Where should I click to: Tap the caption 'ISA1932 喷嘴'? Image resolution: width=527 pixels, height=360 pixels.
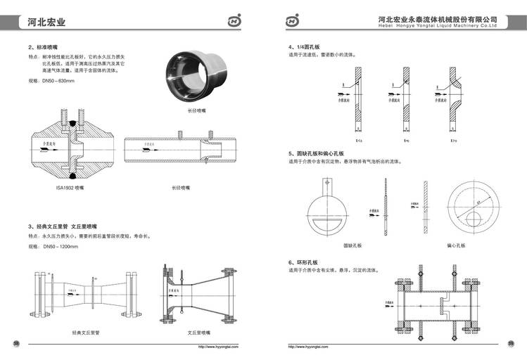[x=70, y=188]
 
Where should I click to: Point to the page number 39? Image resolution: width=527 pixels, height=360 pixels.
[x=511, y=343]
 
